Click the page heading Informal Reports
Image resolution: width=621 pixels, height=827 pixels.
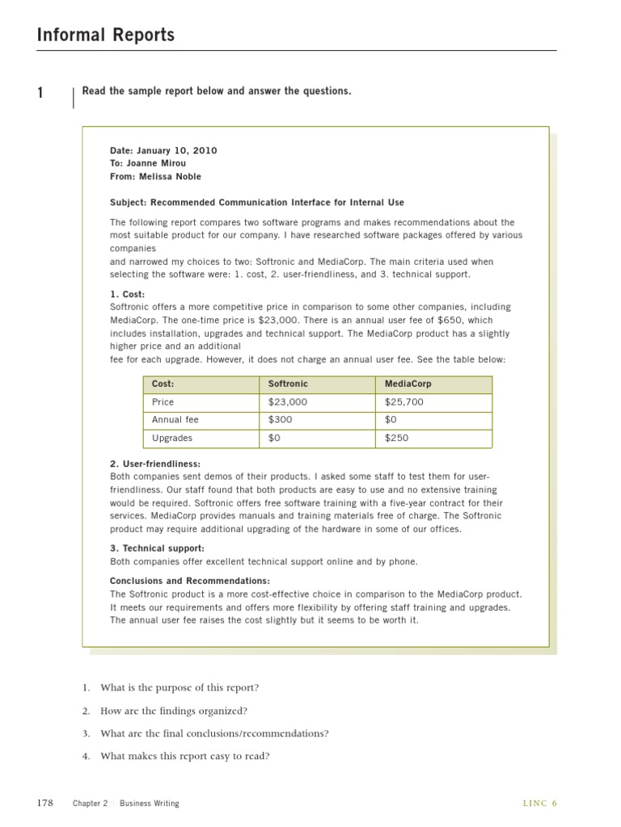click(x=106, y=35)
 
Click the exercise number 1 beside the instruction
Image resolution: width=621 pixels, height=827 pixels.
click(x=40, y=94)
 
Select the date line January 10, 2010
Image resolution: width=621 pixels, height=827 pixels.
click(x=163, y=150)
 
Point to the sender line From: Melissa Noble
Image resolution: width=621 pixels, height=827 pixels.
click(x=155, y=176)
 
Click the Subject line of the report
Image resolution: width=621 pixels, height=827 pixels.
click(x=256, y=203)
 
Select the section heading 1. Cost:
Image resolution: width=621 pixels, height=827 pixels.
click(x=127, y=294)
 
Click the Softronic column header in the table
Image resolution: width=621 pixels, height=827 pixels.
click(x=288, y=384)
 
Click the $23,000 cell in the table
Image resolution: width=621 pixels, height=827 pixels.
click(x=288, y=402)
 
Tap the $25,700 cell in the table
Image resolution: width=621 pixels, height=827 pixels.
click(x=403, y=402)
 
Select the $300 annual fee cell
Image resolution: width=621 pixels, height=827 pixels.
click(x=281, y=420)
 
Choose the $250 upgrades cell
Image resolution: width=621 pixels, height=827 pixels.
click(x=396, y=438)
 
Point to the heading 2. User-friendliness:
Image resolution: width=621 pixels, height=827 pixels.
click(x=155, y=464)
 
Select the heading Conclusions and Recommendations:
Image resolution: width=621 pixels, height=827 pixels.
click(x=189, y=581)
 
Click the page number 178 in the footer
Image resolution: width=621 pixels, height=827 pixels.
click(x=45, y=803)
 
